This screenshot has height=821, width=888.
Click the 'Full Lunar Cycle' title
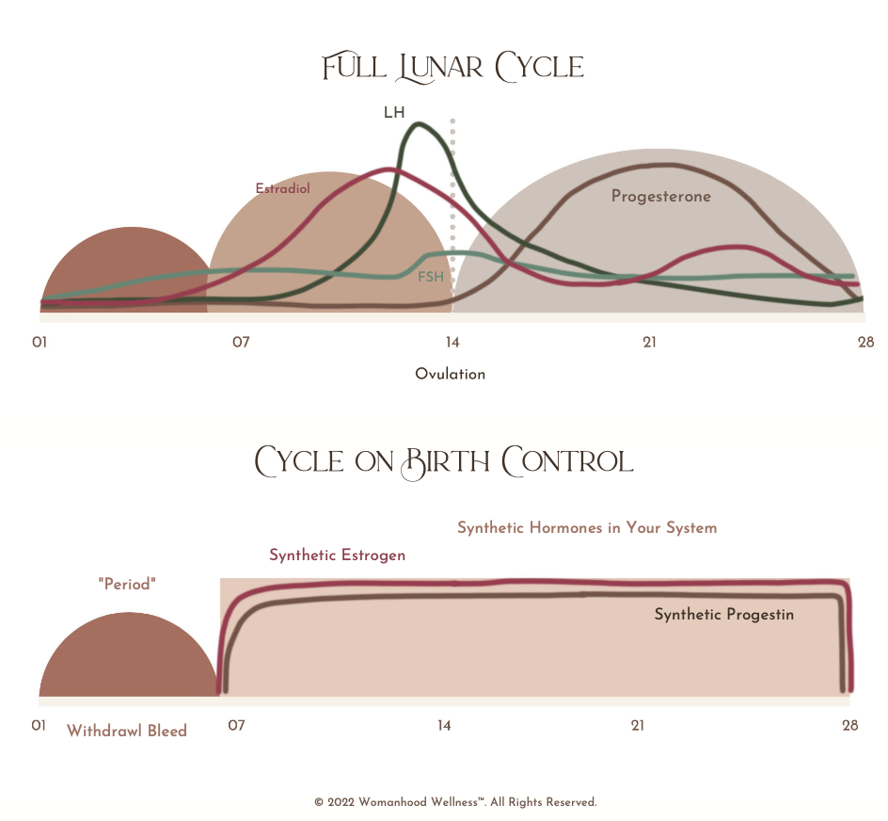point(452,67)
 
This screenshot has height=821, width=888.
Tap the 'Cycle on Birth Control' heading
point(444,460)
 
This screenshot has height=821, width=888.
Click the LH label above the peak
point(394,113)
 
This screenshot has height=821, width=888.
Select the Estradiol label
point(282,188)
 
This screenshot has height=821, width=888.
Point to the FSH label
point(431,277)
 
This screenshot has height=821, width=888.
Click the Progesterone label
point(660,197)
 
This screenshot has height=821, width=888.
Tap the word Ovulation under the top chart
point(451,374)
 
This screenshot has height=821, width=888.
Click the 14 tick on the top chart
point(452,342)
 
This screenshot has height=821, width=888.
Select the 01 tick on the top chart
point(40,342)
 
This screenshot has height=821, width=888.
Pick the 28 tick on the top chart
point(865,342)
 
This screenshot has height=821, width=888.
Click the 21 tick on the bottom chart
point(638,725)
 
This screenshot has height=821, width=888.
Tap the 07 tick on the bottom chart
point(236,725)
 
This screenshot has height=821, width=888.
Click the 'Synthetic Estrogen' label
point(337,555)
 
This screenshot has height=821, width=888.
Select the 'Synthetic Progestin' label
point(724,615)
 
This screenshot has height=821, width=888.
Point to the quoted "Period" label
point(127,585)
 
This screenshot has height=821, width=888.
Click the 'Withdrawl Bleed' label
point(127,731)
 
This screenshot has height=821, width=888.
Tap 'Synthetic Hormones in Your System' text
point(587,528)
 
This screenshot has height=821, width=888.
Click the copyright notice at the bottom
point(455,802)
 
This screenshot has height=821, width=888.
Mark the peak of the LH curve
point(417,123)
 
